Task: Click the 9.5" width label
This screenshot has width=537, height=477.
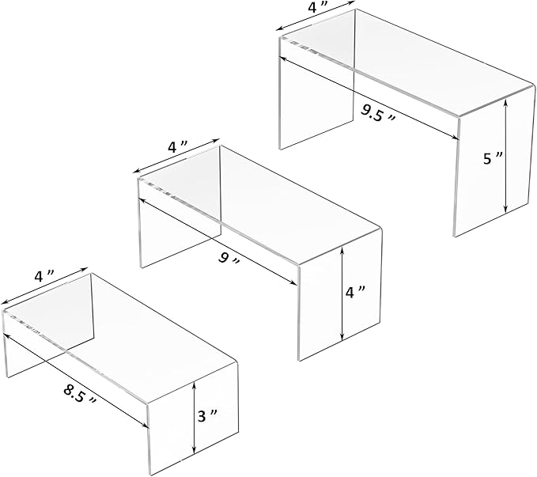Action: point(377,111)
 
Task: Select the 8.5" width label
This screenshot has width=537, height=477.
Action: point(81,392)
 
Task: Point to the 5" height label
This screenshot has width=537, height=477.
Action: point(491,158)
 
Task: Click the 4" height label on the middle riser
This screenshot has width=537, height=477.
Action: point(355,291)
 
